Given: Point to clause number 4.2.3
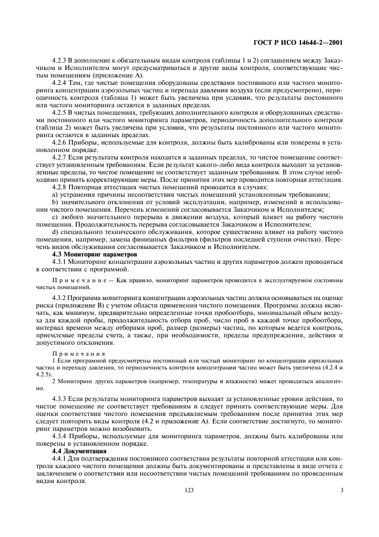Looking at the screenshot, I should [60, 60].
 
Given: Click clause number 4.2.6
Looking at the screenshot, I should [60, 142].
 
